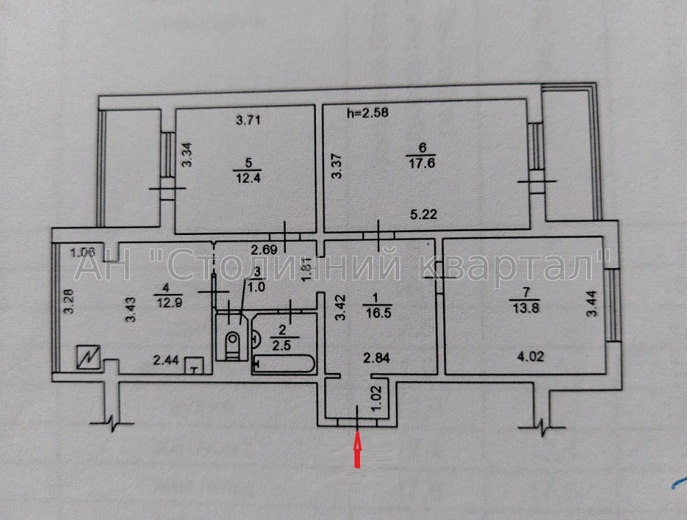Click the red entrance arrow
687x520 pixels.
click(357, 450)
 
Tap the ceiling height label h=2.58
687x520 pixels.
click(368, 113)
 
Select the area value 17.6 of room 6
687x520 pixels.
click(422, 162)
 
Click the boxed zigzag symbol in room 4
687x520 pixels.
click(90, 357)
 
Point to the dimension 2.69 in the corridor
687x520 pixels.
click(264, 249)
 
